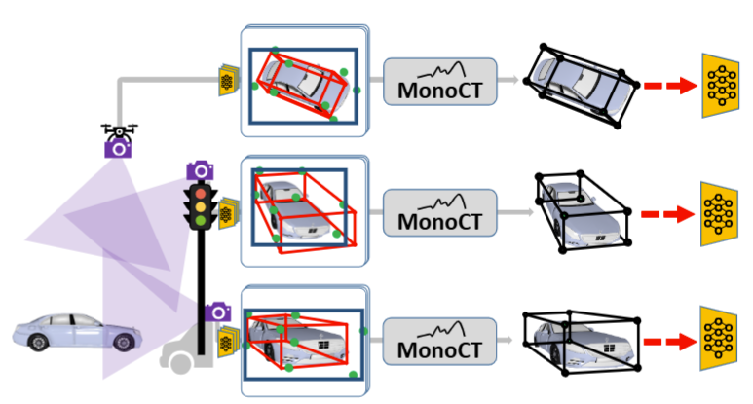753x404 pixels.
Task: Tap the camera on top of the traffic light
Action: (x=200, y=170)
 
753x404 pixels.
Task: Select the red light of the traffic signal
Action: (x=201, y=192)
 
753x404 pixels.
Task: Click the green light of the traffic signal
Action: (x=201, y=220)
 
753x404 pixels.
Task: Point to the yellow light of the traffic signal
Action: (x=201, y=205)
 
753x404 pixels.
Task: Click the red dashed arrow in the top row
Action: (x=666, y=86)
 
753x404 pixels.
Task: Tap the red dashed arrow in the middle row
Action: (x=666, y=214)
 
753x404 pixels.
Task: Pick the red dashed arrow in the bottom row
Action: (x=666, y=343)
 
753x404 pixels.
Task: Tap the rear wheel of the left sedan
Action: (x=124, y=343)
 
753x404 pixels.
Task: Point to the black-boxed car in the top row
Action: (x=579, y=85)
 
